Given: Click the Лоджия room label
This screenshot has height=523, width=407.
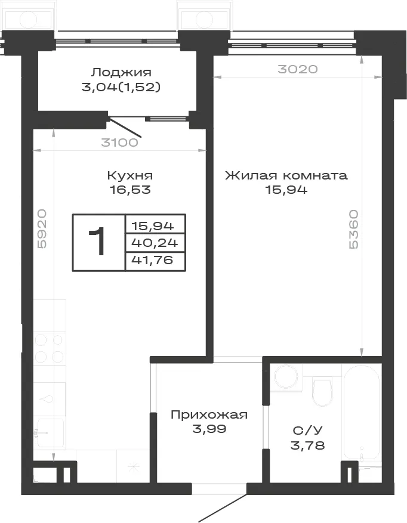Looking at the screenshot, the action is coord(122,72).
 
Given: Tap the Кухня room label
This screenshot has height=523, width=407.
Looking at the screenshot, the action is coord(130,175).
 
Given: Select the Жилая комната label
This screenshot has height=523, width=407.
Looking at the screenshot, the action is coord(286,175).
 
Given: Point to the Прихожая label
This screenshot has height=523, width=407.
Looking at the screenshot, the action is coord(209,414).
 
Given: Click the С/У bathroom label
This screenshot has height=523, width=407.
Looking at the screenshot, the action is coord(308,431).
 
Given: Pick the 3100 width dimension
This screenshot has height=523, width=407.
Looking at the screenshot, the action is coord(119,143).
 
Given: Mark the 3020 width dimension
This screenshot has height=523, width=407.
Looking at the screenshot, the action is coord(297,69).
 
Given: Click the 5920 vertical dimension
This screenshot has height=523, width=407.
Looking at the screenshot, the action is coord(42,229).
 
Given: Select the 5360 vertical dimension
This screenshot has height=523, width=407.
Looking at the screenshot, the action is coord(353,229).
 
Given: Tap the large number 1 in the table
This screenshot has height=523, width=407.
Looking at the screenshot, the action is coord(97,242).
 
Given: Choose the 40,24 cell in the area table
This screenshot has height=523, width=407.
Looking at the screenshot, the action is coord(155,243).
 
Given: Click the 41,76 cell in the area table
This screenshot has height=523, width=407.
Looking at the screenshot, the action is coord(153,259).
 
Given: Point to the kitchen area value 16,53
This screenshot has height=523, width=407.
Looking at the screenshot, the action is coord(130,190).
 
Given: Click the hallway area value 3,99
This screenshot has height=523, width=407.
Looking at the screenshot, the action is coord(209,429).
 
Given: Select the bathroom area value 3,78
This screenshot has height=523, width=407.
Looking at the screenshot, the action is coord(308,445).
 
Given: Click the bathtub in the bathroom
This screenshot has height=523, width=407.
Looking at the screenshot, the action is coord(362,411).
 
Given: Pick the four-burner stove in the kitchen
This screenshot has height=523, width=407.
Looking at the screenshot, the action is coord(50,348).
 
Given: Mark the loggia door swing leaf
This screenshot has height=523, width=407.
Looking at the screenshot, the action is coord(125,127).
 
